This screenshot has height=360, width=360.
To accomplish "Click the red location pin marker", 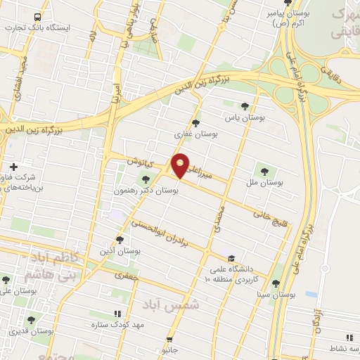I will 181,165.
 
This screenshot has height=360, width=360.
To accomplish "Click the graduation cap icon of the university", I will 232,259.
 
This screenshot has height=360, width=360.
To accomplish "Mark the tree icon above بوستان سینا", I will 276,283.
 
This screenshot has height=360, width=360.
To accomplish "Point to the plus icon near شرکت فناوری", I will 13,167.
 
